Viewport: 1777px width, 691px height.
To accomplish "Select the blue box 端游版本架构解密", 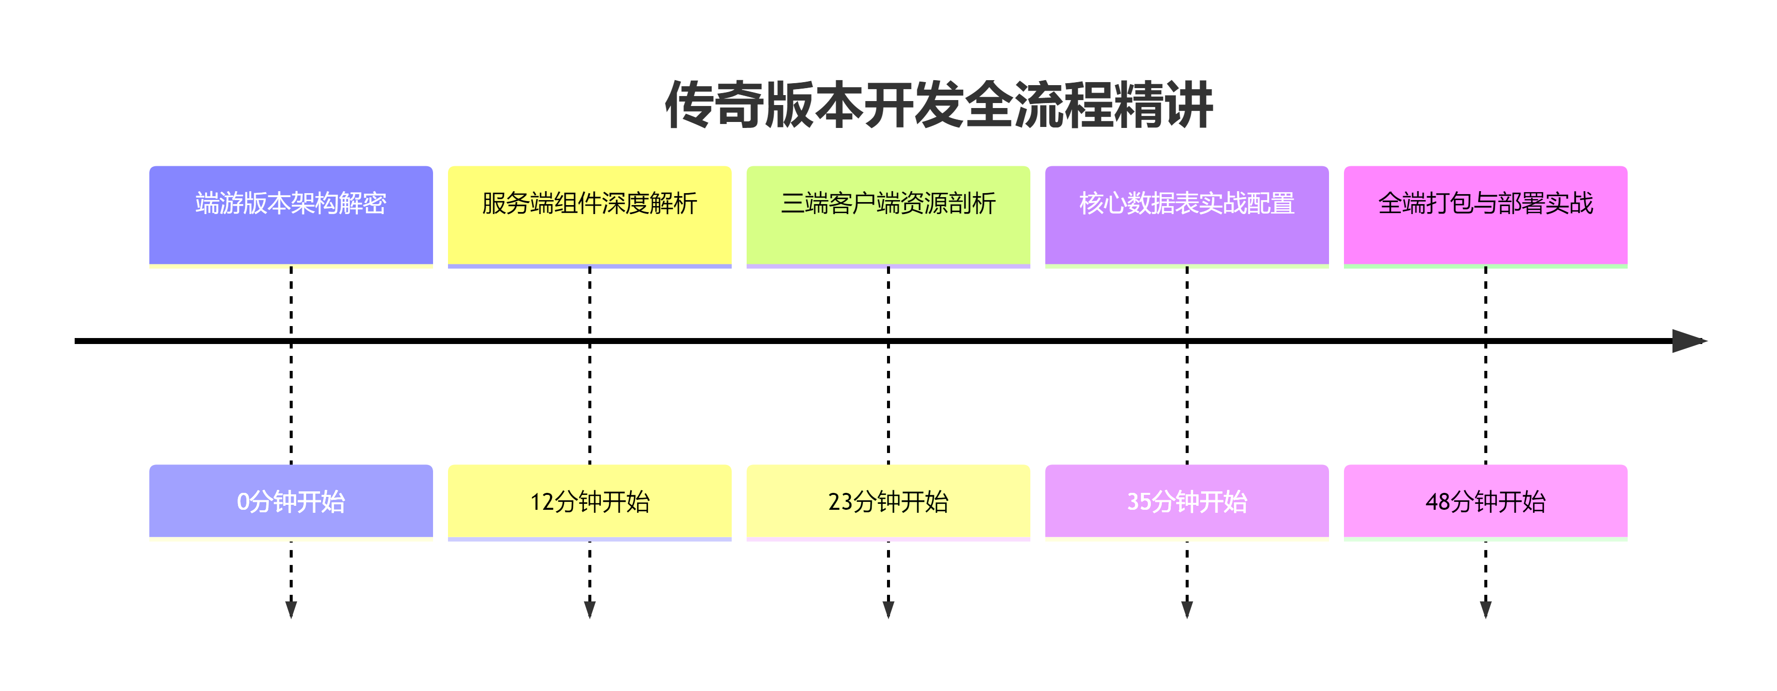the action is click(291, 216).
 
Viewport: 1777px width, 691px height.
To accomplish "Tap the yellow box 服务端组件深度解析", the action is click(590, 216).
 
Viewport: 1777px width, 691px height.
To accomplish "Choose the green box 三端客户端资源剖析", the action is click(888, 216).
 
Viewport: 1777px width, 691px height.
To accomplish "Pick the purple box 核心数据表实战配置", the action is click(1187, 216).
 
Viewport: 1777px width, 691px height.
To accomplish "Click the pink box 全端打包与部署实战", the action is click(1486, 216).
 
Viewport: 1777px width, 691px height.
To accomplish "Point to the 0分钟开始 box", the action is click(291, 502).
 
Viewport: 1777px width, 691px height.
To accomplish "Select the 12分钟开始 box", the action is click(590, 502).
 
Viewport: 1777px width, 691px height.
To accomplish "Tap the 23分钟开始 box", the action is click(888, 502).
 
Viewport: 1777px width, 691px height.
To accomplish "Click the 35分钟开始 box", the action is click(1187, 502).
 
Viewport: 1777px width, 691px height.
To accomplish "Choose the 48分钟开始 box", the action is click(1486, 502).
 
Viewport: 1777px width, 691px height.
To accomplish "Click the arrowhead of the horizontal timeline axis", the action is click(1690, 341).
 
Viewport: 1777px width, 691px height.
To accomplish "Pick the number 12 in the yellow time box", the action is click(542, 502).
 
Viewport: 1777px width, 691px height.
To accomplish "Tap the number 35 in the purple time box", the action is click(1139, 502).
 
